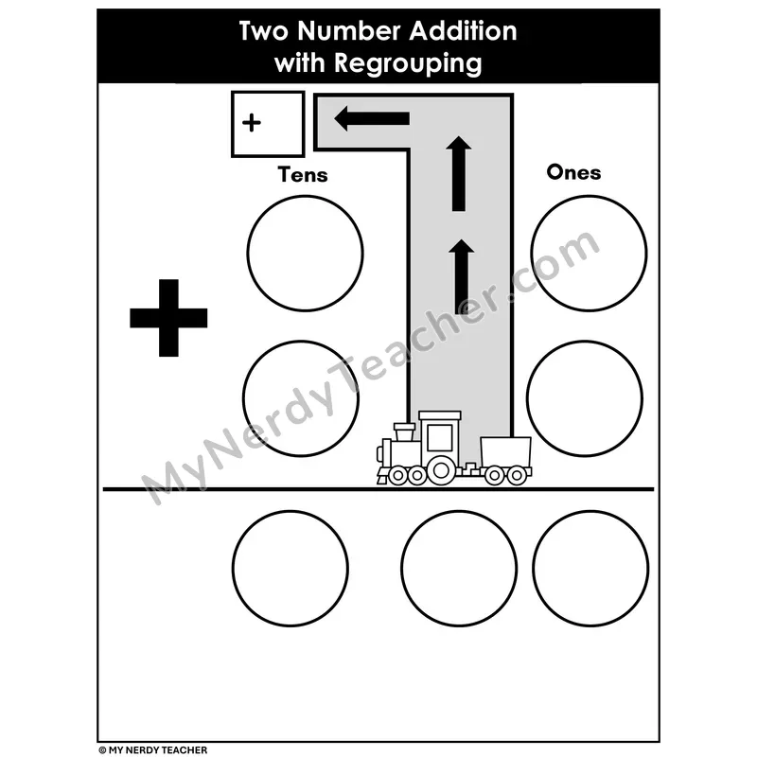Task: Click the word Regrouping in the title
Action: click(x=408, y=63)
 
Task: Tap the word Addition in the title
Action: click(x=463, y=31)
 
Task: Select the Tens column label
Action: click(x=303, y=175)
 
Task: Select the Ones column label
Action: click(x=573, y=172)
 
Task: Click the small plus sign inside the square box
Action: click(x=252, y=123)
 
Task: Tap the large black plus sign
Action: click(x=168, y=318)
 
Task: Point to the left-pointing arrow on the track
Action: click(x=372, y=118)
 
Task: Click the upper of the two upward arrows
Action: click(x=459, y=174)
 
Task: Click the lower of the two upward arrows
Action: click(x=461, y=276)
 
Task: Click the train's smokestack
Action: click(x=404, y=431)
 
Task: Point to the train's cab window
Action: click(x=440, y=437)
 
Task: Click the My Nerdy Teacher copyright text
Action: click(x=153, y=749)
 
